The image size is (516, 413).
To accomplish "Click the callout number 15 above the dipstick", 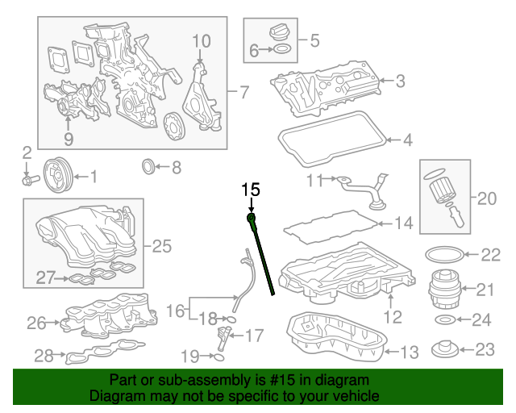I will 252,190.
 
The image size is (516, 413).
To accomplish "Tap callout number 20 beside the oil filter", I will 488,198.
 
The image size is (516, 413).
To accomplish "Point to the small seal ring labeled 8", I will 148,168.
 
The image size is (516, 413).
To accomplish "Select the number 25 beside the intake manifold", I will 162,246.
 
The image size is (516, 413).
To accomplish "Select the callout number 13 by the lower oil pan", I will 409,352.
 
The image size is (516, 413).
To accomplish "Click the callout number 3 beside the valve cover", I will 400,81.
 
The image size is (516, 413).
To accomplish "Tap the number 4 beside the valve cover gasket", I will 407,140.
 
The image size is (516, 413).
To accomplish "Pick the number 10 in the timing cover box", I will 201,40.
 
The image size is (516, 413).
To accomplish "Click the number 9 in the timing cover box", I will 69,140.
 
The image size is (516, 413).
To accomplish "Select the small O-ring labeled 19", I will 215,356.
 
